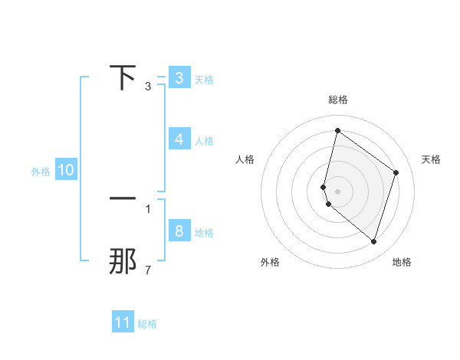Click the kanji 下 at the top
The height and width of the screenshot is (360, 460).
[x=123, y=77]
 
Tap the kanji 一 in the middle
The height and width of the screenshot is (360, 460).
[x=123, y=198]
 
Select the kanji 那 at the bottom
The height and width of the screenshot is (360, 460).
[x=123, y=262]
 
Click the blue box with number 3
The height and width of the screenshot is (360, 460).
[x=179, y=78]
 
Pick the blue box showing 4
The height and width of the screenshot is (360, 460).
[x=179, y=139]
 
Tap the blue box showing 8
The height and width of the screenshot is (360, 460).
[x=179, y=231]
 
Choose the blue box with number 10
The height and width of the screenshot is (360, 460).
[x=66, y=171]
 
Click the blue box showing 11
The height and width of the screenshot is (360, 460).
[x=123, y=322]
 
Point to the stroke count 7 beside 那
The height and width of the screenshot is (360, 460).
[x=148, y=270]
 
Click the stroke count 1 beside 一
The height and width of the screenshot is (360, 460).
[x=148, y=208]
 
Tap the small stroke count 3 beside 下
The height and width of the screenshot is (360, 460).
[x=148, y=87]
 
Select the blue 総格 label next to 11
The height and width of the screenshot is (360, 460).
[x=147, y=324]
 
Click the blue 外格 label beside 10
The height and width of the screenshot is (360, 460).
[x=41, y=172]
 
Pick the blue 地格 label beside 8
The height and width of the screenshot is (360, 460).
[x=204, y=233]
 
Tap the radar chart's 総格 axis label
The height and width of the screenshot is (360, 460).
[x=338, y=100]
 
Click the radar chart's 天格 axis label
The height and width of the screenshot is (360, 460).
[x=432, y=159]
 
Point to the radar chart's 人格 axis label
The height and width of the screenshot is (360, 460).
[x=245, y=159]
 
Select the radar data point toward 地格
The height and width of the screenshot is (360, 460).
[x=374, y=241]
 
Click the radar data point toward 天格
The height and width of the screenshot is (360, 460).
[x=396, y=172]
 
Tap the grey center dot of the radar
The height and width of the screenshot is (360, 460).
[x=338, y=191]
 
